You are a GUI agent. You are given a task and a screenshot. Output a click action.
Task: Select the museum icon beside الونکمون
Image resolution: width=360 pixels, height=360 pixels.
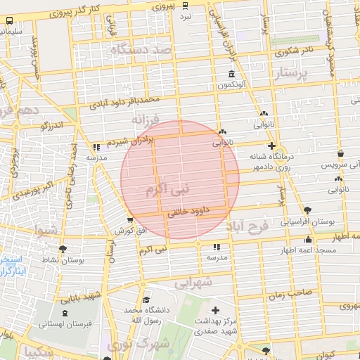[x=231, y=75]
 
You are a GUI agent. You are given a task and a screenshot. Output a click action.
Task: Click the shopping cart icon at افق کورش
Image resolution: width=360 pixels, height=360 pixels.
[x=129, y=221]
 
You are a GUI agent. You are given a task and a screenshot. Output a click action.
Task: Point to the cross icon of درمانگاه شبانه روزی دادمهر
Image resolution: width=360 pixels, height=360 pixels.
[x=272, y=145]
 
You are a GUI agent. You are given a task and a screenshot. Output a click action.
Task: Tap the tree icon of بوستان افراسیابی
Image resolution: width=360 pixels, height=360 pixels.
[x=308, y=210]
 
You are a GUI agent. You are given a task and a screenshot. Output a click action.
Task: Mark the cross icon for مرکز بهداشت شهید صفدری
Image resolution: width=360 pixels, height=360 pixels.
[x=215, y=310]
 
